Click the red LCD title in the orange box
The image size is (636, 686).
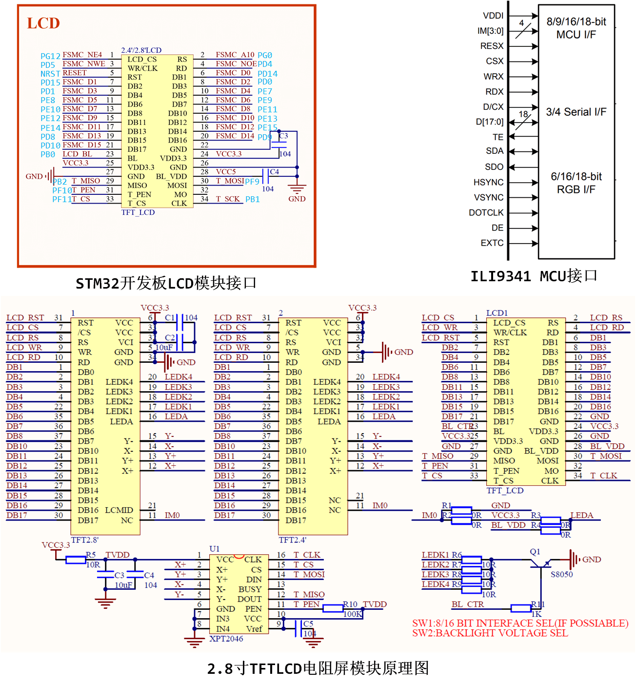[43, 23]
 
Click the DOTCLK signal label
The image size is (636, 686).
[486, 212]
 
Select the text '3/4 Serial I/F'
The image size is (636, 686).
[576, 112]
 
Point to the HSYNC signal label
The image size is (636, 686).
[488, 182]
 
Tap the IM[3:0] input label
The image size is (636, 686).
[490, 31]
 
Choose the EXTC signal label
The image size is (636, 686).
[492, 243]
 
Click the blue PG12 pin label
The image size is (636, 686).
[50, 56]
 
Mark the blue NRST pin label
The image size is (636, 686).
[50, 74]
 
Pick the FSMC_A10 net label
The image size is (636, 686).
[235, 55]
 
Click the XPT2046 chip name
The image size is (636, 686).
[226, 639]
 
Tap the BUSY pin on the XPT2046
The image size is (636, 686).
[250, 589]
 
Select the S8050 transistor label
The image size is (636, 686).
[561, 574]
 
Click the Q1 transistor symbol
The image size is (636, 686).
[540, 563]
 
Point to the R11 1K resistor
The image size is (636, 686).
[521, 608]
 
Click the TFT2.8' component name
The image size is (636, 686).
[85, 540]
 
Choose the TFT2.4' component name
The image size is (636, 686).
[293, 540]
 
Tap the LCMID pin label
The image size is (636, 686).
[119, 510]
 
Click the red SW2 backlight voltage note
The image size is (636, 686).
[490, 633]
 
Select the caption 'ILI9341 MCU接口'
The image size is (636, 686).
[534, 276]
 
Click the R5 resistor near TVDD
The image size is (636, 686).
[76, 560]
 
